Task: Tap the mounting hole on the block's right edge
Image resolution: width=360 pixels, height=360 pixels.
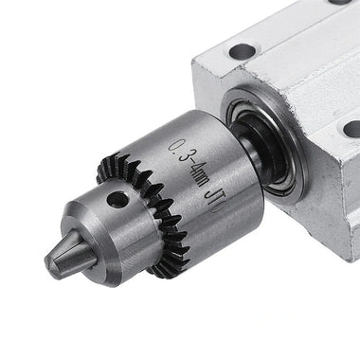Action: [x=351, y=129]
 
